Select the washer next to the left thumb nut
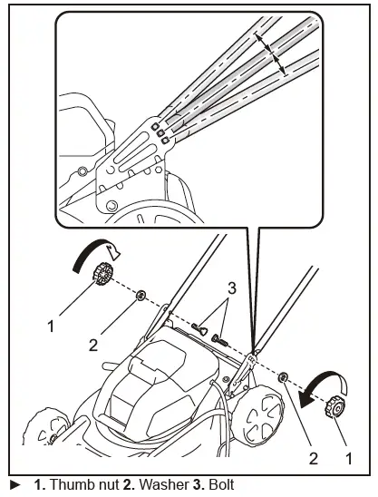tap(141, 296)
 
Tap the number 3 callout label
tap(232, 288)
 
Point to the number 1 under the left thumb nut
tap(52, 322)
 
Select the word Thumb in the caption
tap(64, 485)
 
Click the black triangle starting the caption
tap(12, 485)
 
